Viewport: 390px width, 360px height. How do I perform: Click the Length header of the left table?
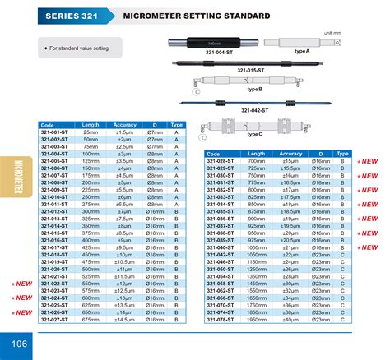(x=91, y=125)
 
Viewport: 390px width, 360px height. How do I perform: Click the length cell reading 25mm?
(x=91, y=132)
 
